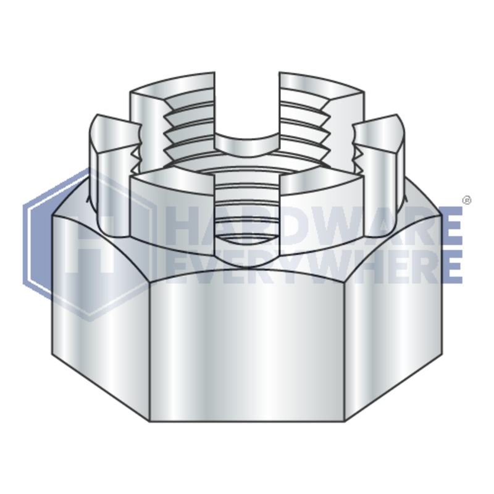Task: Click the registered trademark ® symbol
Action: [x=467, y=200]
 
